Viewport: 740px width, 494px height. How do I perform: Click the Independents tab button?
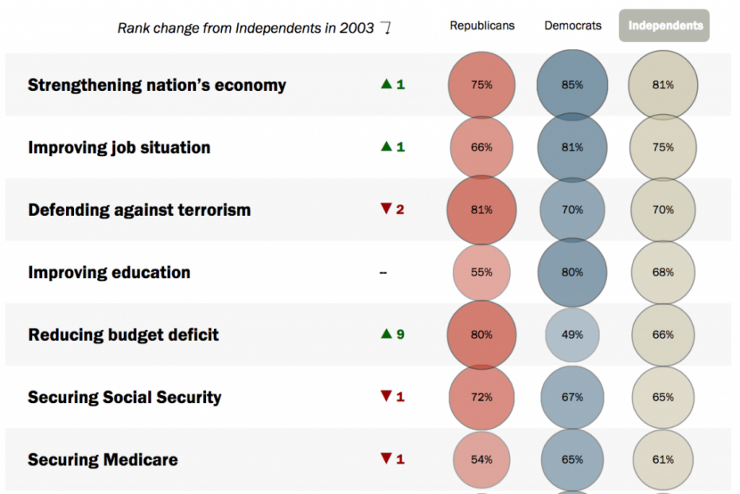coord(664,25)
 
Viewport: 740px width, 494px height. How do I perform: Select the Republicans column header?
coord(482,25)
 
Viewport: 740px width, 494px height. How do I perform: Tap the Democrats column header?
coord(572,25)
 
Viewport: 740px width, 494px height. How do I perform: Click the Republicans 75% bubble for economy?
coord(481,85)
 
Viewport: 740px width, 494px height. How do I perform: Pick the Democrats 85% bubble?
coord(572,85)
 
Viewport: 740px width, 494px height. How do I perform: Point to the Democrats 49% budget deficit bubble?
coord(572,335)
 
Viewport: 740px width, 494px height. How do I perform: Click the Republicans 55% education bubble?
coord(481,272)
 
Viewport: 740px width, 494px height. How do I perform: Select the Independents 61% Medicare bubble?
coord(663,460)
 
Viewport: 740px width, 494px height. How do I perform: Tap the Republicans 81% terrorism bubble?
coord(481,210)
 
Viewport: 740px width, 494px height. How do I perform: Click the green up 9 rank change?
coord(392,334)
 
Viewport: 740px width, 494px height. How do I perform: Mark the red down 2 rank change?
coord(392,209)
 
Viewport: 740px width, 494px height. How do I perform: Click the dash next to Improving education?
coord(384,272)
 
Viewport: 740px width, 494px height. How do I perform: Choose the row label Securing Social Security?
coord(125,397)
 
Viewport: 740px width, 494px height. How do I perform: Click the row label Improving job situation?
coord(119,147)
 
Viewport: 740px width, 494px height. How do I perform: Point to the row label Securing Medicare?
coord(103,460)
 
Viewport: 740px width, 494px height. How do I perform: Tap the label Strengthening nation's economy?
coord(157,85)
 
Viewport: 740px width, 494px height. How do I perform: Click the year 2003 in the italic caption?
coord(356,29)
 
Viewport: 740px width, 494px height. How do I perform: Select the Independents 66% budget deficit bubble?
coord(663,335)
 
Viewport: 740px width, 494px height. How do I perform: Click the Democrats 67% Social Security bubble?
coord(572,397)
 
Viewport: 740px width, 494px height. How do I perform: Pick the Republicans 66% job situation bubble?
coord(481,147)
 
